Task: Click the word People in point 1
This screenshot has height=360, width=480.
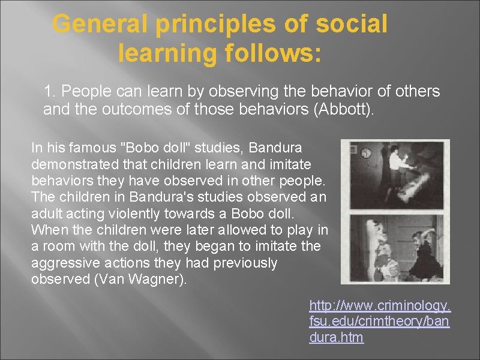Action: tap(83, 92)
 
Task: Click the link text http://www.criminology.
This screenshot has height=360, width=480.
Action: tap(379, 306)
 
